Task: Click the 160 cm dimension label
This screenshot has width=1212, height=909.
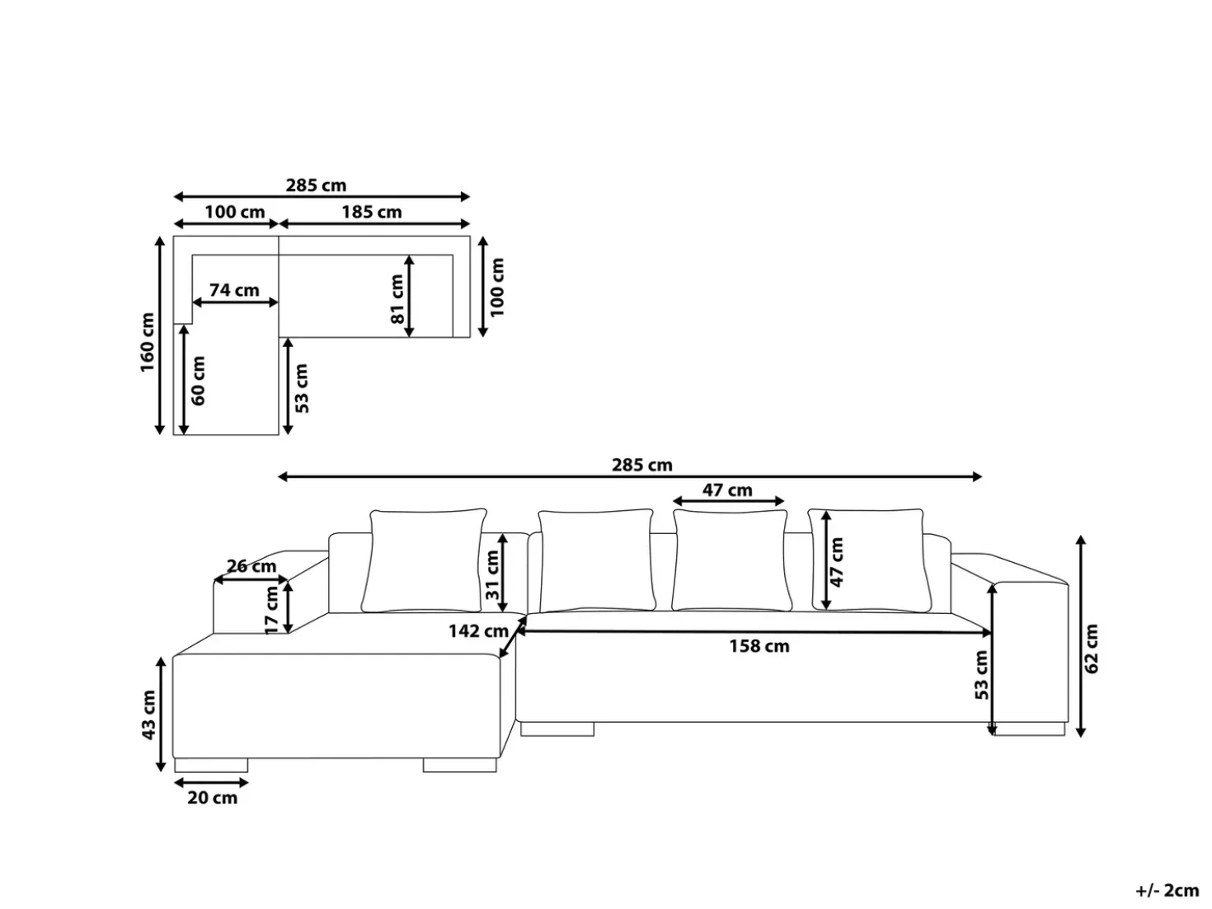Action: [x=147, y=342]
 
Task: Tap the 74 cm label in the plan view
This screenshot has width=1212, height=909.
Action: [x=234, y=290]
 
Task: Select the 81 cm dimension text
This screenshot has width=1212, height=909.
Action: [x=397, y=299]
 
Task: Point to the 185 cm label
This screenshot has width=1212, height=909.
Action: [x=372, y=212]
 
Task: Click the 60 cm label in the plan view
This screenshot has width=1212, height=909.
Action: [x=198, y=380]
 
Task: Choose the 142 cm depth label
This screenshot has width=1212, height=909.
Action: [x=478, y=630]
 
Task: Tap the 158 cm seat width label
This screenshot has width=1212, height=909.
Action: [x=759, y=646]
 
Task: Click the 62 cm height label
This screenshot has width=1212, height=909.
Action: [x=1092, y=649]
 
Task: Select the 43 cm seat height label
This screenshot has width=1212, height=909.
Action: [x=148, y=715]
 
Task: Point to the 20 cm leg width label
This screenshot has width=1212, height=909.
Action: [x=212, y=798]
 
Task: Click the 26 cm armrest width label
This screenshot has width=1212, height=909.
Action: [x=251, y=565]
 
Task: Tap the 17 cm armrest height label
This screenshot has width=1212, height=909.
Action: [x=271, y=611]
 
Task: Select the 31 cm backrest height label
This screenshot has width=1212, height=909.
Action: [x=492, y=575]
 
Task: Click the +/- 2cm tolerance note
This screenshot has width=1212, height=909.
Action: [x=1167, y=890]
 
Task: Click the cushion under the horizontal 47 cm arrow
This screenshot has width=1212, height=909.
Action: [x=731, y=560]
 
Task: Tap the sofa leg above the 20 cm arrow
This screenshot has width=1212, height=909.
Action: [x=211, y=766]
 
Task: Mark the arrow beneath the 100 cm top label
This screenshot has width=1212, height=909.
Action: [x=226, y=223]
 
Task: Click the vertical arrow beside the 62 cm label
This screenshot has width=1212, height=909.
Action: [x=1081, y=635]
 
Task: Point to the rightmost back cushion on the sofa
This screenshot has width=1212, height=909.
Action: [x=870, y=560]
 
